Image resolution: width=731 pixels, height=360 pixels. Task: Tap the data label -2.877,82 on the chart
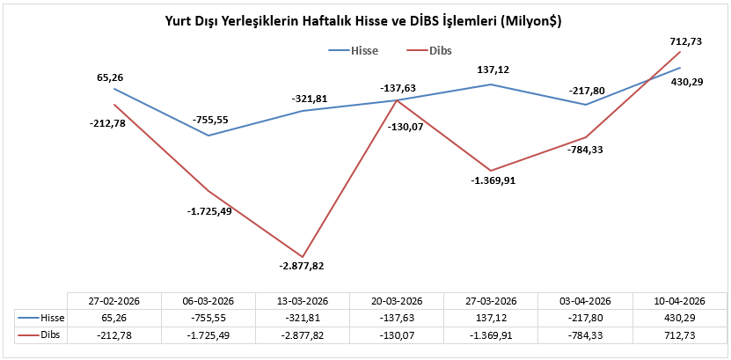[x=303, y=265]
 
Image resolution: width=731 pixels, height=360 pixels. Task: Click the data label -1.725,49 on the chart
[x=208, y=211]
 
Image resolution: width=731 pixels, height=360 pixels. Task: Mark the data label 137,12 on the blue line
[x=491, y=70]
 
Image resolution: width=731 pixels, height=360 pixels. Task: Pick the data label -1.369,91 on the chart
[x=491, y=180]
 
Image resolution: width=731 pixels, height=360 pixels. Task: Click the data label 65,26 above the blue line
[x=114, y=77]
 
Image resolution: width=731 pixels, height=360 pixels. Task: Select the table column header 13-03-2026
[x=303, y=298]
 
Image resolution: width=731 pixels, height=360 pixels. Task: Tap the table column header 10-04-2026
[x=680, y=298]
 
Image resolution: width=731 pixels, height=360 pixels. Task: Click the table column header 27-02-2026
[x=114, y=298]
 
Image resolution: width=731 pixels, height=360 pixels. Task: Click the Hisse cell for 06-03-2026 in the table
[x=208, y=315]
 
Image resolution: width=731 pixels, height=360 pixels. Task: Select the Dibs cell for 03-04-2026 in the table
[x=586, y=334]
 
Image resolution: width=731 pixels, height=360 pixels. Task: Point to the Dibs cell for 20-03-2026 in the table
[x=397, y=334]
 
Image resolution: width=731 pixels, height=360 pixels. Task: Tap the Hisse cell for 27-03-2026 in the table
[x=491, y=315]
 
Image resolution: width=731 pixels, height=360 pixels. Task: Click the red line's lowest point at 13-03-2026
[x=303, y=256]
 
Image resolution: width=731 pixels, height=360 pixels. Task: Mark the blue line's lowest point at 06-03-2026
[x=208, y=136]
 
